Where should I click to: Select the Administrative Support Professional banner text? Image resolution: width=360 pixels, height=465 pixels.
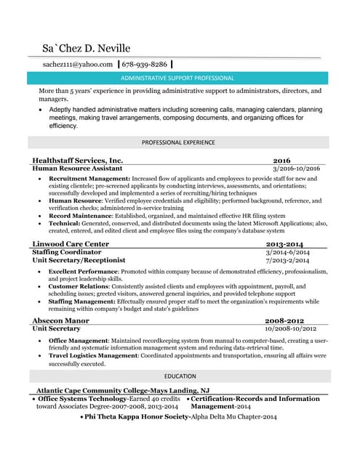click(x=177, y=78)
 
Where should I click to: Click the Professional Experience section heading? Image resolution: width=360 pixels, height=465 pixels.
click(x=178, y=142)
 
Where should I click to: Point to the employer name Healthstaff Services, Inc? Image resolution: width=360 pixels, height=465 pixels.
click(x=78, y=160)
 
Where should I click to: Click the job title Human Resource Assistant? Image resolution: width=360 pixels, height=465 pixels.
click(x=78, y=169)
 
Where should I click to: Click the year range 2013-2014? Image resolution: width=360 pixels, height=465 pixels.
click(x=285, y=244)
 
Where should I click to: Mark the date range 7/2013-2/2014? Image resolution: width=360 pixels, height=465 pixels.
click(x=288, y=260)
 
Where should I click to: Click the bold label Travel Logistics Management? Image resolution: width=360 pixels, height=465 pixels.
click(x=100, y=356)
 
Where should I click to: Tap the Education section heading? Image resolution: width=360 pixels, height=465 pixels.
click(x=180, y=376)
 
